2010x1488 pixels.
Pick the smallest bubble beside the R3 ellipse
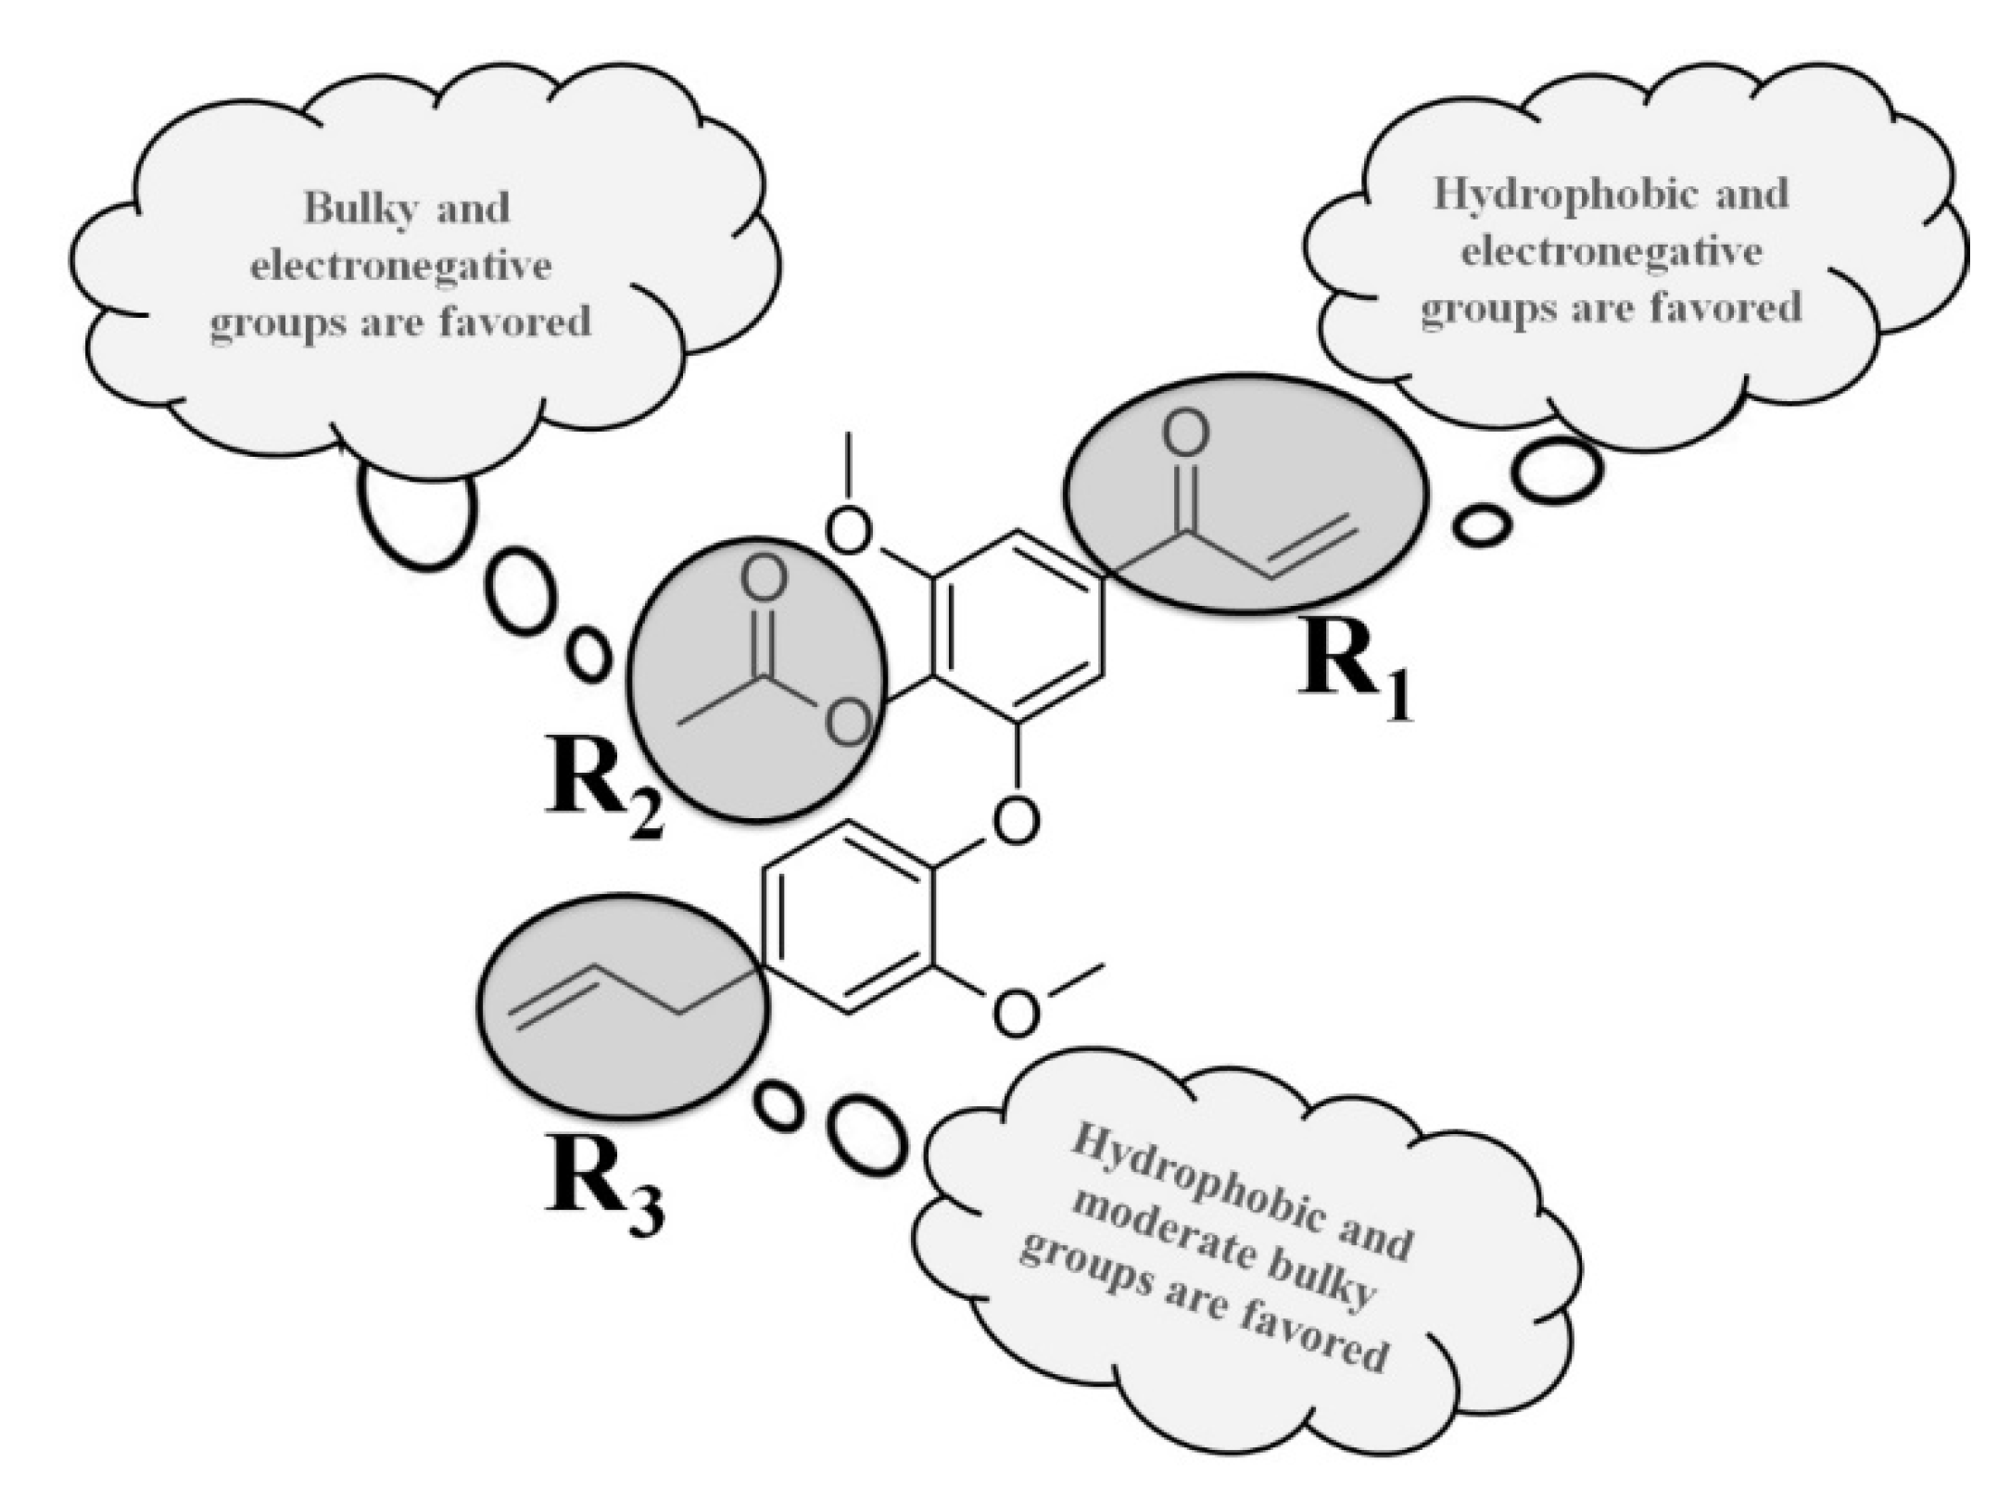click(x=778, y=1106)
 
